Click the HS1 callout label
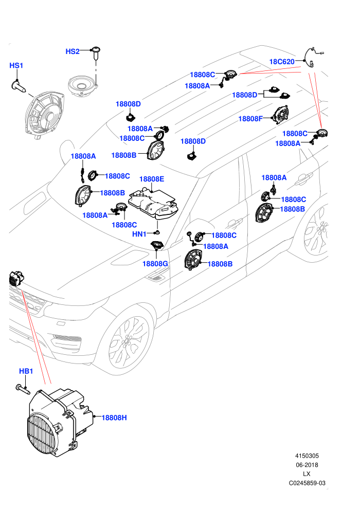[x=16, y=66]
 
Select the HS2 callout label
[x=73, y=51]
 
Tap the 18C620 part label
[x=282, y=62]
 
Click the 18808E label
[x=152, y=179]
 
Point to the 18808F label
[x=250, y=119]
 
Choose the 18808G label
[x=155, y=264]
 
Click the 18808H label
[x=114, y=418]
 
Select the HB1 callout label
[x=26, y=371]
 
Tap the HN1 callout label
[x=139, y=234]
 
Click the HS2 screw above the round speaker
[x=96, y=53]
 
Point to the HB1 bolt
[x=23, y=389]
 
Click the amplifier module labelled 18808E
[x=153, y=204]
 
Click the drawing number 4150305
[x=307, y=456]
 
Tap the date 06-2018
[x=307, y=465]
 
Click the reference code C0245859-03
[x=307, y=483]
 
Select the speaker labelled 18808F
[x=280, y=115]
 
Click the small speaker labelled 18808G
[x=157, y=245]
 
